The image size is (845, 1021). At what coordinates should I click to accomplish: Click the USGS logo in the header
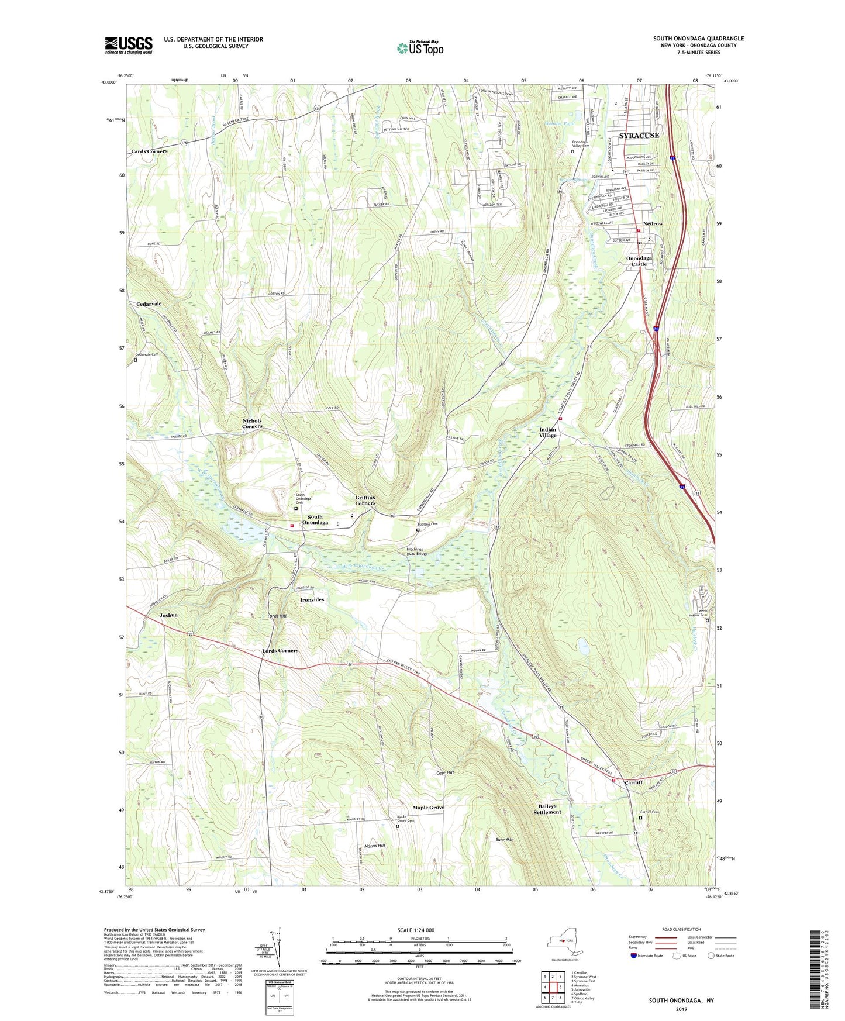[129, 45]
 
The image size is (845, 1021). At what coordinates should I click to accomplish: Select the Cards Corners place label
[149, 151]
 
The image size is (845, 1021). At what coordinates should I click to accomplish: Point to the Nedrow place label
[653, 224]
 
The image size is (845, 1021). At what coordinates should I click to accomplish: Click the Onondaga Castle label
[639, 261]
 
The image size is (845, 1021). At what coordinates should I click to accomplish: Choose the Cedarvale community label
[149, 304]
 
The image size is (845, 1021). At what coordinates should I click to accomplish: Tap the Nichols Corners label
[253, 423]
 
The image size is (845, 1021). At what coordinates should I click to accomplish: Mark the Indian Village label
[548, 432]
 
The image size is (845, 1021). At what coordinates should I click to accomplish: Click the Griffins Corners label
[365, 500]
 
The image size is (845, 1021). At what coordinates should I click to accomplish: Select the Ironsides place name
[312, 600]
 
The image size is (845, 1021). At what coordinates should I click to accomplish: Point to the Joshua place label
[168, 615]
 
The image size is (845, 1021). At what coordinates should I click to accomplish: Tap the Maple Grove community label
[429, 808]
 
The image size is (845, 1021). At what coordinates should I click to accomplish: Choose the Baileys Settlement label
[547, 809]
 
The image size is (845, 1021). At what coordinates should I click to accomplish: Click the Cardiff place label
[633, 782]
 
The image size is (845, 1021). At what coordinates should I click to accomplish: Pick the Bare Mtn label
[504, 840]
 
